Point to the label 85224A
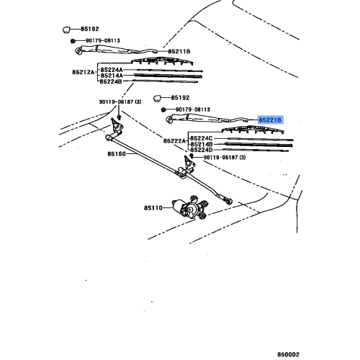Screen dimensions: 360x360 point(112,68)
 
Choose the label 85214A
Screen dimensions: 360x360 point(112,76)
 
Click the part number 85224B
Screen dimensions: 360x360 point(112,82)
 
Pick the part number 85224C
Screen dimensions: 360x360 point(203,138)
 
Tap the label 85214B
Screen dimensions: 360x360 point(203,145)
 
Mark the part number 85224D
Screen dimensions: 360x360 point(203,151)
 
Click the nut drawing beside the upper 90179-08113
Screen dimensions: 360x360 point(73,41)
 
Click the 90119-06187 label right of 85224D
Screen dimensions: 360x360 point(231,158)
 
